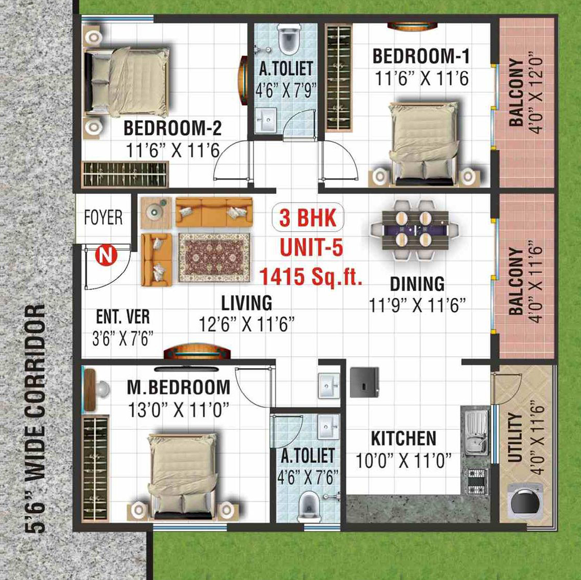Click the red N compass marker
pyautogui.click(x=106, y=255)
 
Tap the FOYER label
pyautogui.click(x=103, y=218)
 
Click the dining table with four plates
pyautogui.click(x=415, y=229)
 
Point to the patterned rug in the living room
pyautogui.click(x=214, y=257)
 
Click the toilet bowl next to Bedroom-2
pyautogui.click(x=289, y=39)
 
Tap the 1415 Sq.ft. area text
pyautogui.click(x=311, y=277)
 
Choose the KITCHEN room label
pyautogui.click(x=403, y=439)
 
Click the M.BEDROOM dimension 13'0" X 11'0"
pyautogui.click(x=178, y=410)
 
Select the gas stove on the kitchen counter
pyautogui.click(x=476, y=482)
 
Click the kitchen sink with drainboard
pyautogui.click(x=476, y=432)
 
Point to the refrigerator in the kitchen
pyautogui.click(x=365, y=382)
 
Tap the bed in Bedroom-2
pyautogui.click(x=126, y=81)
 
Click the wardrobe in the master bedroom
pyautogui.click(x=95, y=469)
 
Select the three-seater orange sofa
pyautogui.click(x=214, y=212)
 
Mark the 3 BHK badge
pyautogui.click(x=308, y=218)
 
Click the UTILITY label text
pyautogui.click(x=515, y=437)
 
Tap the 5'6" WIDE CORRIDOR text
pyautogui.click(x=35, y=419)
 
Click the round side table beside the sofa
pyautogui.click(x=156, y=212)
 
